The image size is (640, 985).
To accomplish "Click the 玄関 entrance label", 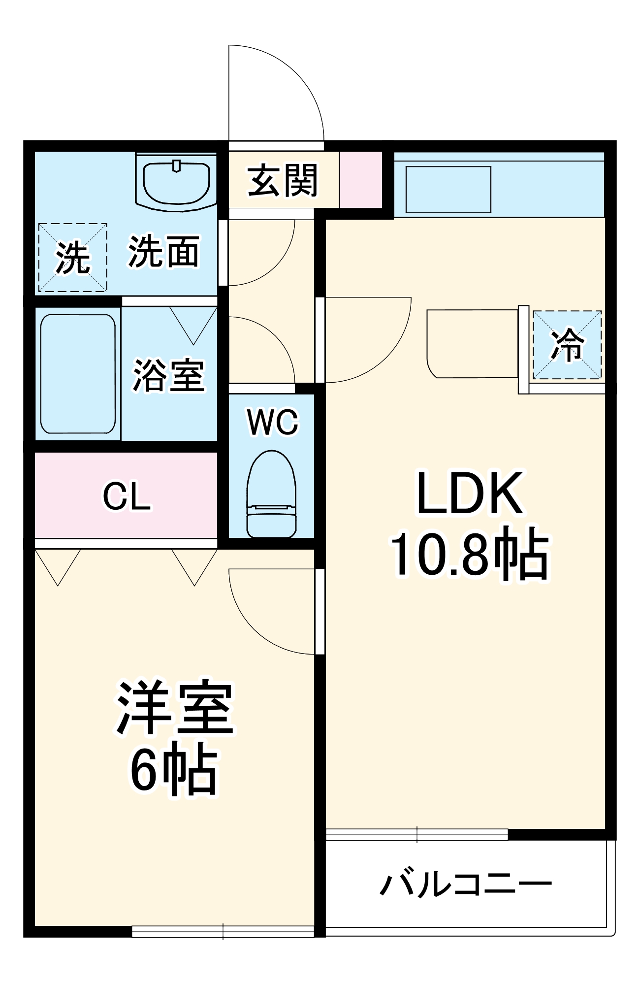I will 283,181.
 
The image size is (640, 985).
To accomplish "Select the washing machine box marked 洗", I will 72,257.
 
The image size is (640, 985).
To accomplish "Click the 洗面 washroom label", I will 164,252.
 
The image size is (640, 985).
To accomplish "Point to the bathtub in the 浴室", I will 78,374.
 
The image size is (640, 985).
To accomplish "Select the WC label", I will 272,422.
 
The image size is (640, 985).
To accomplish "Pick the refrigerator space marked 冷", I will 567,345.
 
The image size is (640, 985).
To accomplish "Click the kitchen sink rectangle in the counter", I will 448,190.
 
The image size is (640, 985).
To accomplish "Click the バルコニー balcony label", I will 465,884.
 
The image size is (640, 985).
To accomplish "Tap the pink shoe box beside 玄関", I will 361,180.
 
